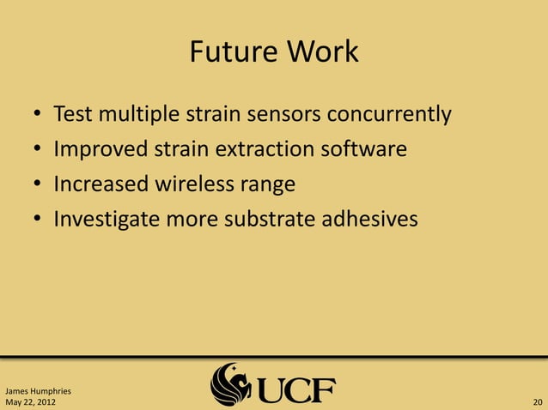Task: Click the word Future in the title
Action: point(225,52)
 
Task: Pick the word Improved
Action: point(100,149)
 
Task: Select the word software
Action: point(364,149)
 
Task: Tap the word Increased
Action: point(100,184)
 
